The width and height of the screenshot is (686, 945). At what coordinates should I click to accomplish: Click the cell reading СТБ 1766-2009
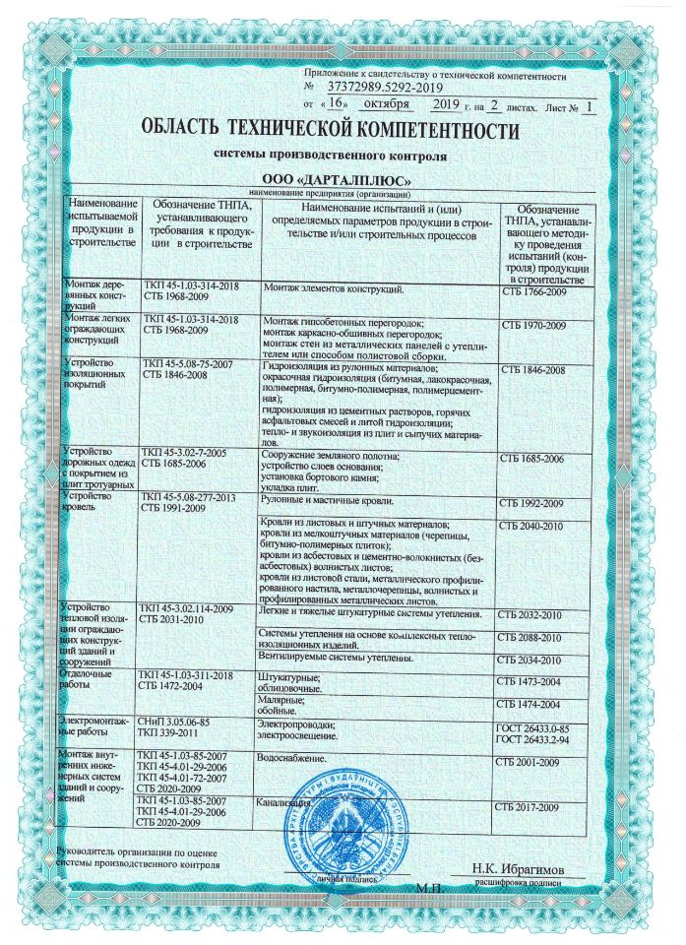coord(534,292)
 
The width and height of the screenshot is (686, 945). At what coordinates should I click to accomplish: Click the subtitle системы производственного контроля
coord(332,156)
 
